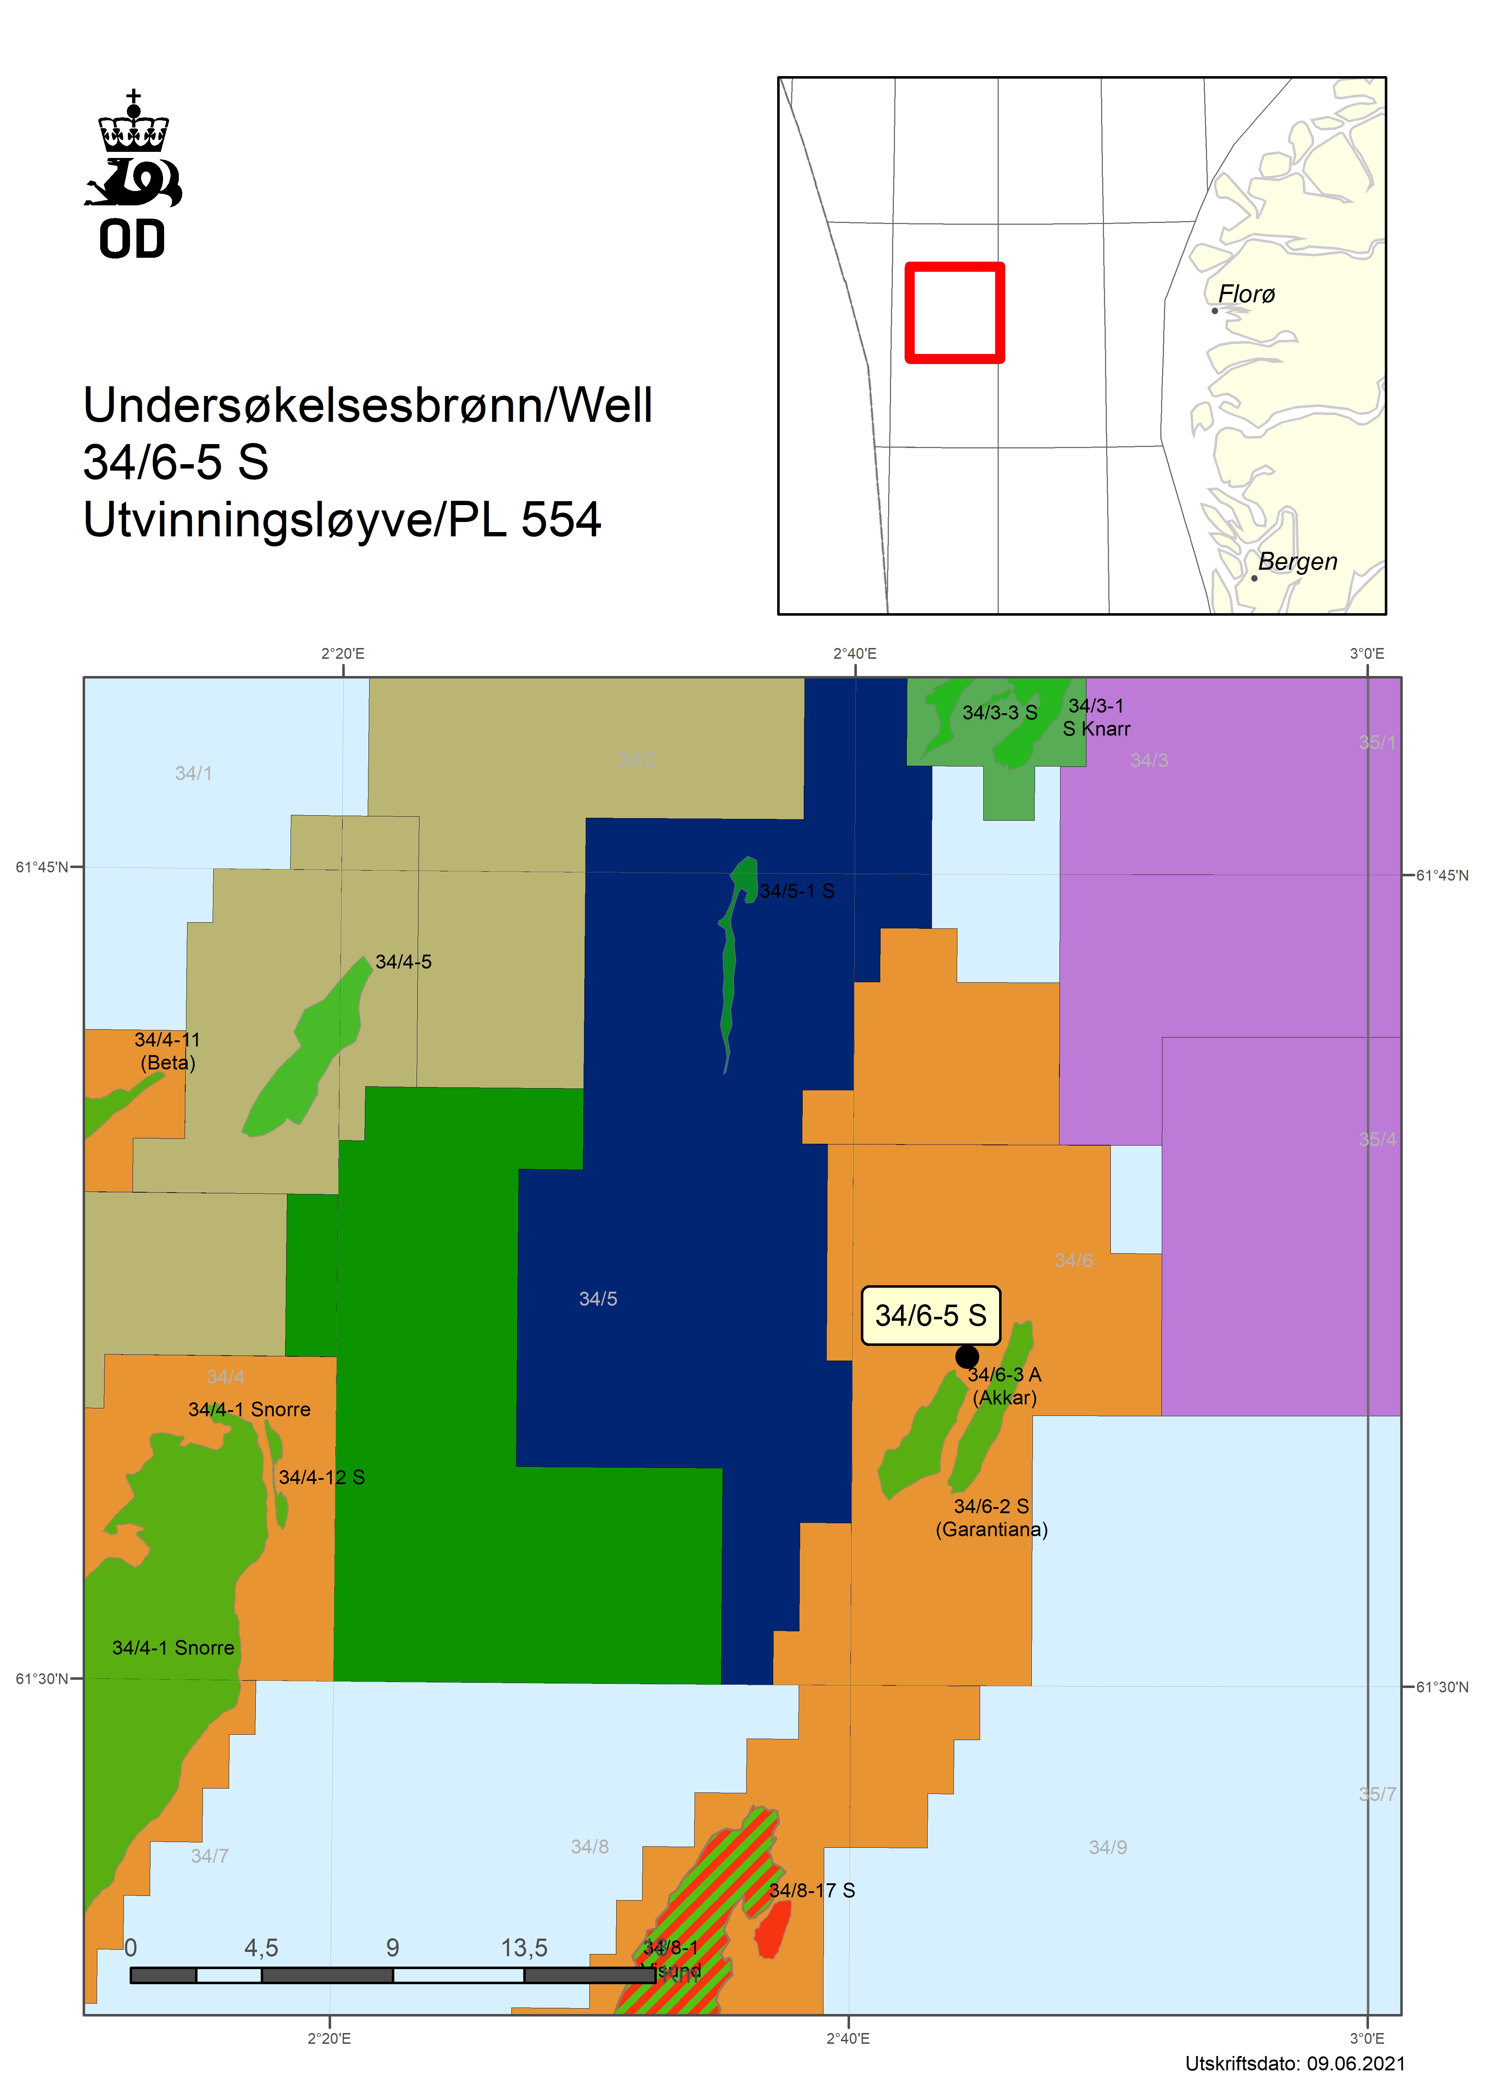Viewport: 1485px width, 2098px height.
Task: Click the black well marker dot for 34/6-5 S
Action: (x=966, y=1357)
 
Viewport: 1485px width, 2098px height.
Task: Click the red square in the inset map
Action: (x=955, y=313)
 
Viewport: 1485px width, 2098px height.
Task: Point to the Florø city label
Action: (x=1246, y=294)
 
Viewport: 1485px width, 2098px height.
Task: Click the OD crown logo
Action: (x=134, y=174)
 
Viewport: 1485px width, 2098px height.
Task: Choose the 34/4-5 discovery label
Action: (x=403, y=962)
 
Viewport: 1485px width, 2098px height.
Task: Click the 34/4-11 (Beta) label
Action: (x=167, y=1051)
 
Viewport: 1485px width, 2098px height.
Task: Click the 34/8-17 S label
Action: (x=812, y=1890)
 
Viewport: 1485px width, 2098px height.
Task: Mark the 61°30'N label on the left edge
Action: (x=41, y=1678)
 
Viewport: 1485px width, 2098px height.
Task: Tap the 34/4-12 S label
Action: (x=322, y=1477)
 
